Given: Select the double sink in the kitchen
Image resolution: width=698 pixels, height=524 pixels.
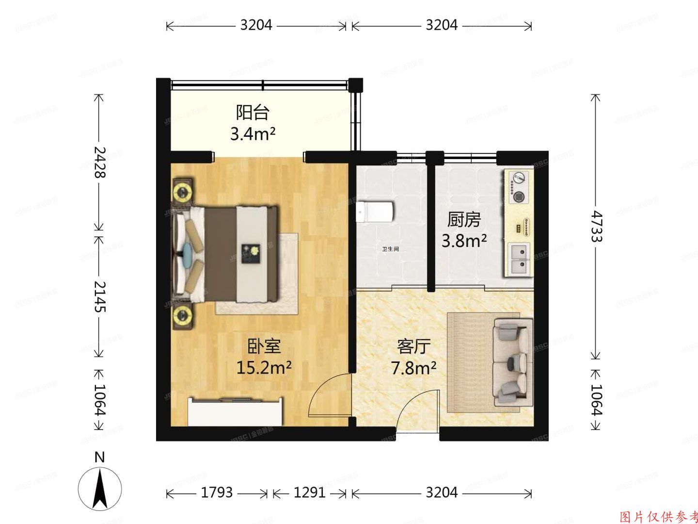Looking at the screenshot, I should point(519,259).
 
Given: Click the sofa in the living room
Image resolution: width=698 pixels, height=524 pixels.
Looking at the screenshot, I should point(512,361).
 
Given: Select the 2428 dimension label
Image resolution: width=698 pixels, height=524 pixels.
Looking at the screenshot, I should point(99,162).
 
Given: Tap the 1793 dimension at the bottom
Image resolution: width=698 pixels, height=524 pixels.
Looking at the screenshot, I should point(217,493).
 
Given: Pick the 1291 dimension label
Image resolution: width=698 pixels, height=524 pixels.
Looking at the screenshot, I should point(309,493).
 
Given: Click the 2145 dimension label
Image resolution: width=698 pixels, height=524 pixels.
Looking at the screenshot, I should point(99,296).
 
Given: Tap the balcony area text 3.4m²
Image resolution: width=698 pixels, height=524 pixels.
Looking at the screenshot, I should point(253,133).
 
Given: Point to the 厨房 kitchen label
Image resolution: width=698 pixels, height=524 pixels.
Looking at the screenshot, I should point(464,220).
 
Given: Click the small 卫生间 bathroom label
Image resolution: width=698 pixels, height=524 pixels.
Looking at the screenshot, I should point(390,249).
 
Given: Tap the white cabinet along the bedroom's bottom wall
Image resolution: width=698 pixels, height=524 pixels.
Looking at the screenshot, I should point(235,412).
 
